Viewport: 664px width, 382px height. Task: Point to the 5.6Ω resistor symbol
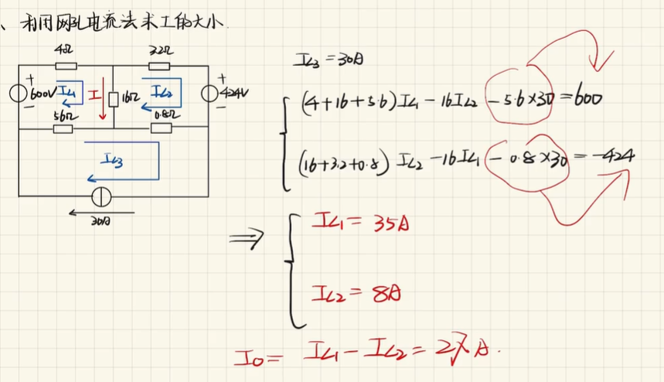click(x=63, y=128)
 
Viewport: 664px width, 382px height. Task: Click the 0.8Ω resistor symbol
click(x=160, y=128)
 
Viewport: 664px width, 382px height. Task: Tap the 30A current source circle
click(x=99, y=197)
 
